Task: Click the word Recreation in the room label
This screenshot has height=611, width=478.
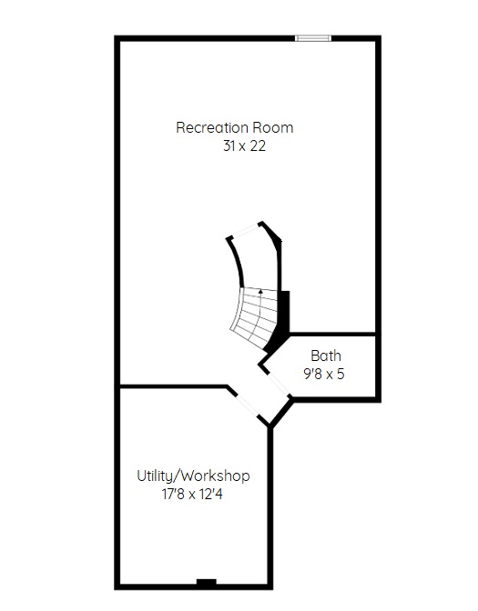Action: click(212, 127)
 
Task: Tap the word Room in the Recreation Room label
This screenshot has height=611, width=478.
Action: click(273, 127)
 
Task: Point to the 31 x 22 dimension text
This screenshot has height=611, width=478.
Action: click(244, 145)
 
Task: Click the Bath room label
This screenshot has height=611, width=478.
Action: click(326, 356)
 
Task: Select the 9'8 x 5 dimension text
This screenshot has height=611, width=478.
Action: click(324, 374)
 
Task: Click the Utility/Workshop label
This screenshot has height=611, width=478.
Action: click(193, 476)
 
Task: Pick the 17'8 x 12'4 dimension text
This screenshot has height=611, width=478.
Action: click(192, 494)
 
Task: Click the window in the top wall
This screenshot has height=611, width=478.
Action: click(313, 38)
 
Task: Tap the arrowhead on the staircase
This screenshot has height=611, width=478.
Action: click(260, 291)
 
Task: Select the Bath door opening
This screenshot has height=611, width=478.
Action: click(279, 385)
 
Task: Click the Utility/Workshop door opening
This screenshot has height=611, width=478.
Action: click(248, 405)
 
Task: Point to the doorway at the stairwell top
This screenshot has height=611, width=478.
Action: click(246, 230)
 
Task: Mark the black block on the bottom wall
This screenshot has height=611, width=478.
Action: click(207, 583)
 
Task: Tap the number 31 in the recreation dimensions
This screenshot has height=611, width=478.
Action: click(229, 145)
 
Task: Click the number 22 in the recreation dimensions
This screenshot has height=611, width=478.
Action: click(258, 145)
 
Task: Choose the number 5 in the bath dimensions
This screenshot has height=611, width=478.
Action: click(341, 374)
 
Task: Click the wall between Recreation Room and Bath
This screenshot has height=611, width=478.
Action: click(332, 334)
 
